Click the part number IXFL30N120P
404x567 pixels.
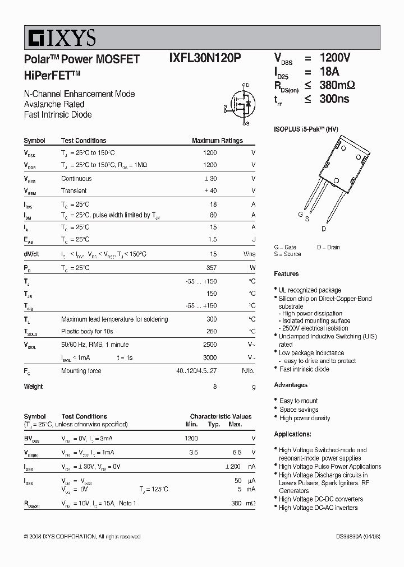coord(205,59)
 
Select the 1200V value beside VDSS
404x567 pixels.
coord(335,58)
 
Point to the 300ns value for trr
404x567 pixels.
coord(334,99)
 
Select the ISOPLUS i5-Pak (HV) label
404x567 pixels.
coord(306,128)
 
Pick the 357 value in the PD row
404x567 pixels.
coord(211,268)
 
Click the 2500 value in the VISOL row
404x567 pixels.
coord(209,345)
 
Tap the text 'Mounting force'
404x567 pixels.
coord(81,371)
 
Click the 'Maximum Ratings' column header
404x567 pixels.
coord(217,141)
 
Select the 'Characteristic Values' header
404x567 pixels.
coord(221,416)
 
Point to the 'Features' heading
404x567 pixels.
coord(286,274)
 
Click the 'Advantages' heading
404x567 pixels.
coord(291,385)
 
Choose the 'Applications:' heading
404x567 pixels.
coord(292,434)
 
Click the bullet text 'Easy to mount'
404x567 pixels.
coord(299,401)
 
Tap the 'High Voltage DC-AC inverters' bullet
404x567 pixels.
coord(318,508)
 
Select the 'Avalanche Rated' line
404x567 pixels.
coord(54,104)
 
